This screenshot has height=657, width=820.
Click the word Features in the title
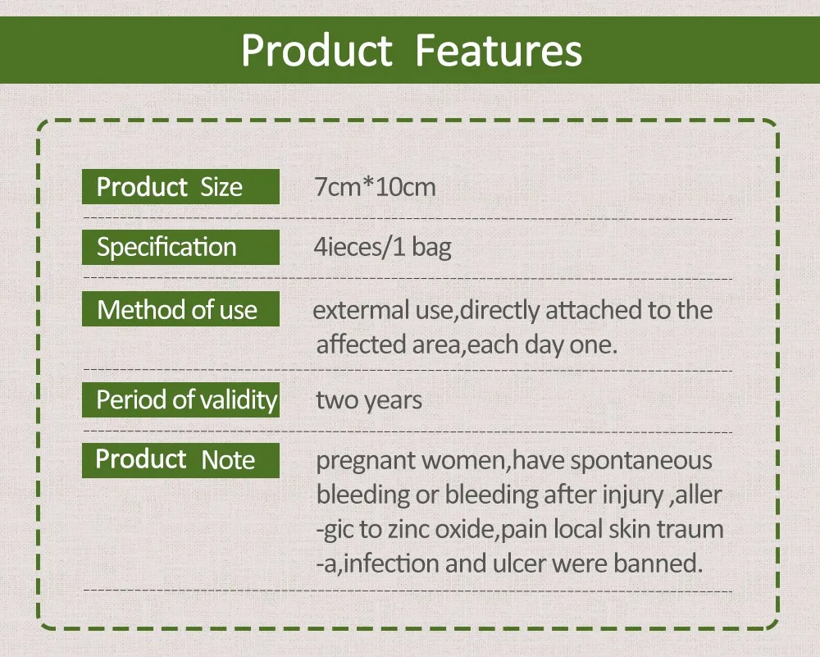[x=499, y=50]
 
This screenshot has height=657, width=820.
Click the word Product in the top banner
[x=317, y=50]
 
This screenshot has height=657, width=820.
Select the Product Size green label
[x=180, y=187]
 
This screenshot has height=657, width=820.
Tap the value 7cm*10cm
[x=375, y=187]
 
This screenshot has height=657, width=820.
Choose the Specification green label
[x=180, y=248]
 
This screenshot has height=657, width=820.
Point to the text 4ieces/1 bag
[x=382, y=248]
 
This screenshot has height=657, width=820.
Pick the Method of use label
[x=180, y=309]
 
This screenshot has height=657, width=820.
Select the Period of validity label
[x=180, y=400]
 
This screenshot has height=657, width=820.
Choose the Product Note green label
[x=180, y=460]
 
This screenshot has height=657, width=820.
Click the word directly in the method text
[x=499, y=311]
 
